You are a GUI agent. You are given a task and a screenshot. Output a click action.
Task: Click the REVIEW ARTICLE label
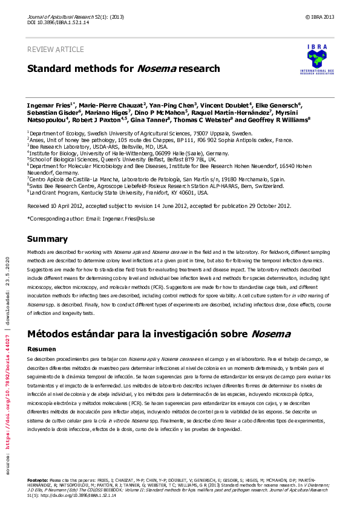click(56, 49)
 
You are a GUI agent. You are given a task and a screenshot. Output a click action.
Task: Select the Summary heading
click(48, 239)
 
